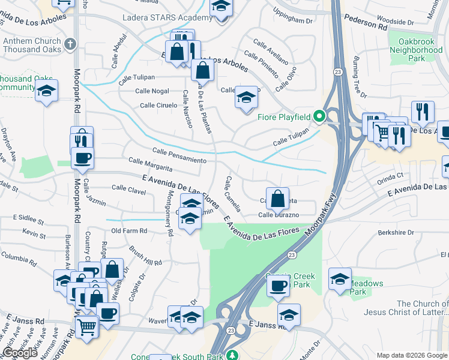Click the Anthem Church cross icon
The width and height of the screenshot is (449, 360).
(70, 44)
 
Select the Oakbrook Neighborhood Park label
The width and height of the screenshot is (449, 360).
(411, 50)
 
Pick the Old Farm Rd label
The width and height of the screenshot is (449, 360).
(129, 231)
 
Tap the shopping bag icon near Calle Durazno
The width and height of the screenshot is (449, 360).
(277, 197)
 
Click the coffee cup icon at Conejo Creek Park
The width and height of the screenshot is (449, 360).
(277, 286)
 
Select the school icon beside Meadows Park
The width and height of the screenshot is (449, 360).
(340, 279)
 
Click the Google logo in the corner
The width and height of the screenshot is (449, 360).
(20, 353)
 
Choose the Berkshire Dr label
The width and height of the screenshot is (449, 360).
(397, 232)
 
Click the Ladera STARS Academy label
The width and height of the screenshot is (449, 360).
(167, 17)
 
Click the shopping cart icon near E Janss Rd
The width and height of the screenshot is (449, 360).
(87, 328)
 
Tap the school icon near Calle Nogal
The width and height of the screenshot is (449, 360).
(246, 97)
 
